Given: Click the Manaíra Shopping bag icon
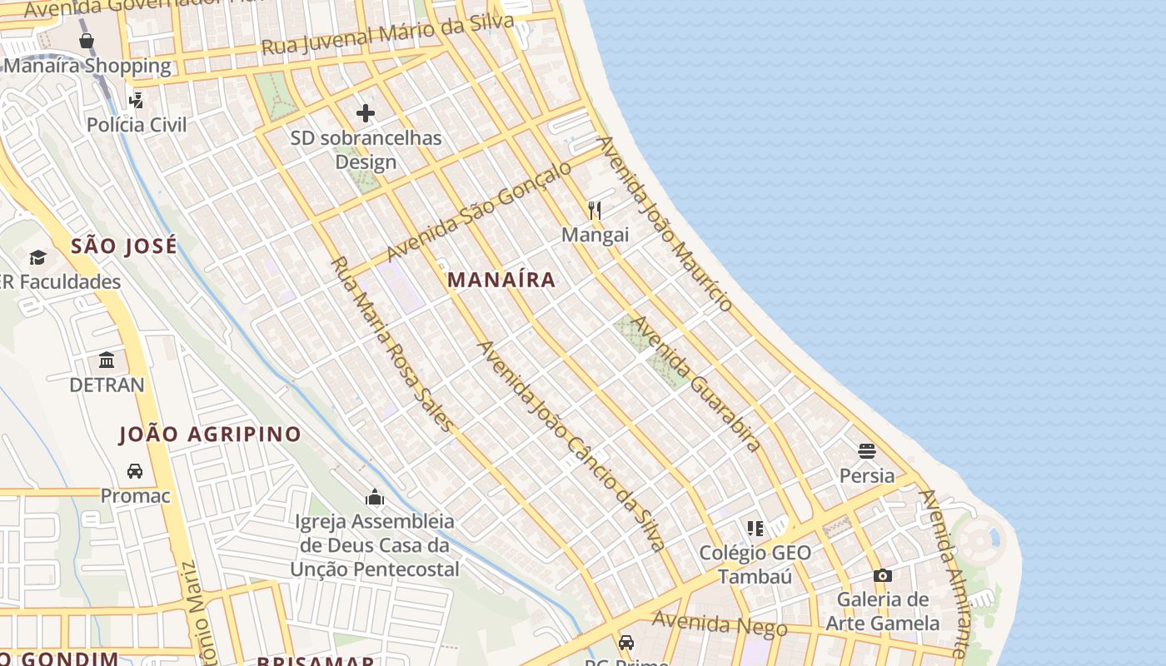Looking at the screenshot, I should tap(87, 40).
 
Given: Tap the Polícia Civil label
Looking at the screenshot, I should tap(137, 125).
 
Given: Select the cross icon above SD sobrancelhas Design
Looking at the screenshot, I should tap(366, 113).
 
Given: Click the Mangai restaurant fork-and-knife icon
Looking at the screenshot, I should tap(595, 210).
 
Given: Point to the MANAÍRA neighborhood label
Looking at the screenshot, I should tap(501, 280).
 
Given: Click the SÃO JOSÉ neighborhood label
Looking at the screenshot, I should tap(124, 246).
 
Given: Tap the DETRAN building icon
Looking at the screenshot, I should tap(107, 360).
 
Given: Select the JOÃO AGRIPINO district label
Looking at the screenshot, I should tap(210, 434).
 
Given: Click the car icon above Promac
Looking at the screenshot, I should tap(135, 471).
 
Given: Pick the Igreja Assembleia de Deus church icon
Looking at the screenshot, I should tap(376, 497).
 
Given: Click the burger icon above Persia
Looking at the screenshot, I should tap(867, 451).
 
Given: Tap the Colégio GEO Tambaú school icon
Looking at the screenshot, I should tap(755, 528).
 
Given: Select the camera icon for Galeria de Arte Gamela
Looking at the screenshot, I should tap(883, 575).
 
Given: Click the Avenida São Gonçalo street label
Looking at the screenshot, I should tap(479, 210).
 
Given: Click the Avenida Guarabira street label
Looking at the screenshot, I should tap(696, 383).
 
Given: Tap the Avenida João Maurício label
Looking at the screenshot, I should tap(666, 223).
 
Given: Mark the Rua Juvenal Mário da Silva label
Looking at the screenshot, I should tap(387, 34).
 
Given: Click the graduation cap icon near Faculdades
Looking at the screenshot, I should tap(37, 257).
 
